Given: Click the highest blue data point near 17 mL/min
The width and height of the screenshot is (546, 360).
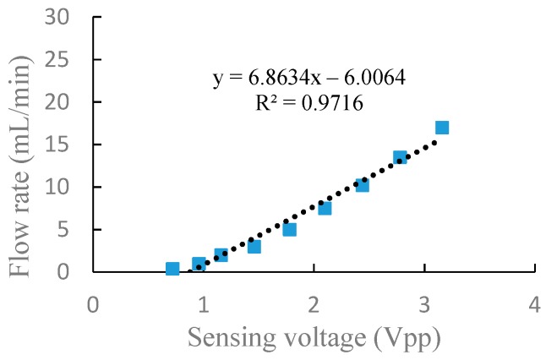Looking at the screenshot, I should [x=441, y=128].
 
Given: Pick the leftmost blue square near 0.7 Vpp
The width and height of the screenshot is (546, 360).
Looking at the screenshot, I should [x=172, y=269].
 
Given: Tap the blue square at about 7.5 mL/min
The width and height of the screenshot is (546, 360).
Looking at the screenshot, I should [x=325, y=208].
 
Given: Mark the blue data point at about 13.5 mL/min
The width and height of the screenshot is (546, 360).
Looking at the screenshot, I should [x=400, y=157].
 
